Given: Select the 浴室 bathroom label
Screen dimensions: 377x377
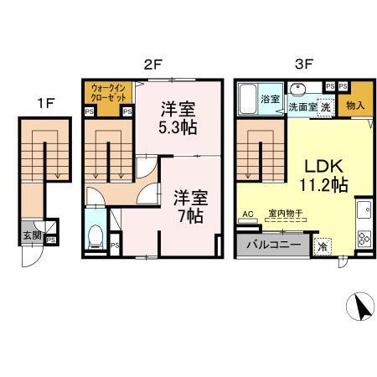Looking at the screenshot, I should click(270, 99).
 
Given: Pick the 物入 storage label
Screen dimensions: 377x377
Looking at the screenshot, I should click(354, 106).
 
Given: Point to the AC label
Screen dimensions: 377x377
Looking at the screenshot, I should click(247, 214).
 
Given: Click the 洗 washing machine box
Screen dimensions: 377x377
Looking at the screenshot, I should click(323, 107).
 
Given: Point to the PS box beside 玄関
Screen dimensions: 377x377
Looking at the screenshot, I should click(51, 240).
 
